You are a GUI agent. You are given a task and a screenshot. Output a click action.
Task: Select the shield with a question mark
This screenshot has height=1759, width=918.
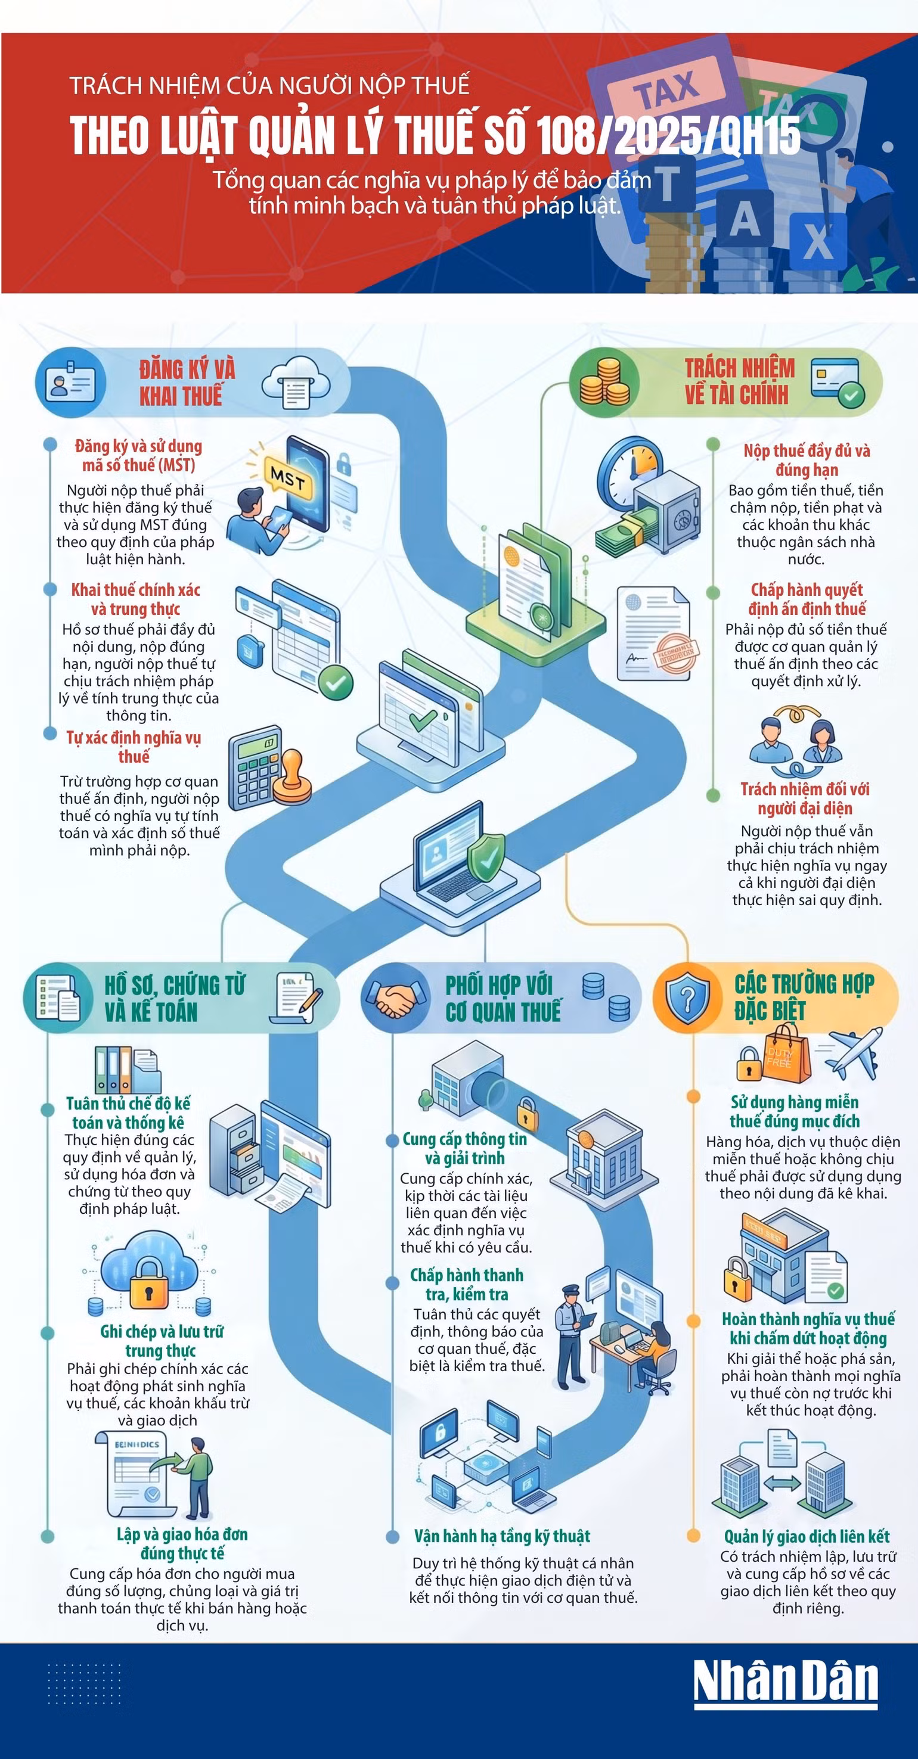688,1000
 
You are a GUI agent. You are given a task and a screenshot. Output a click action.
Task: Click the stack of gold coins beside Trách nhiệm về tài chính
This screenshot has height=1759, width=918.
604,382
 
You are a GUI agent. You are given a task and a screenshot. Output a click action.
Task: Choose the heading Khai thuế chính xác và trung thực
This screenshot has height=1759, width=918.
136,599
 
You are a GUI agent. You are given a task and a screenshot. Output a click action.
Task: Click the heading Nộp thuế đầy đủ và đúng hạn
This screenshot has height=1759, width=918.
807,459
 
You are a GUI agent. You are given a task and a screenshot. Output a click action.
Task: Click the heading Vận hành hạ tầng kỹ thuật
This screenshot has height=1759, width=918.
502,1536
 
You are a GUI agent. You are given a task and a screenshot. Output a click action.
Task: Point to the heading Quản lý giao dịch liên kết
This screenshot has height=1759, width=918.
807,1536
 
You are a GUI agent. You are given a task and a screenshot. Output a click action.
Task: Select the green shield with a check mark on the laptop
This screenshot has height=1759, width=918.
487,858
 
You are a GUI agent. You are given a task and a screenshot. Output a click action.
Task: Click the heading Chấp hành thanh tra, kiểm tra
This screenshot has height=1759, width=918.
467,1285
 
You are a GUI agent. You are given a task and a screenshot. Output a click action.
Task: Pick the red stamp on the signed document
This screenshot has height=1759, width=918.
676,655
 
